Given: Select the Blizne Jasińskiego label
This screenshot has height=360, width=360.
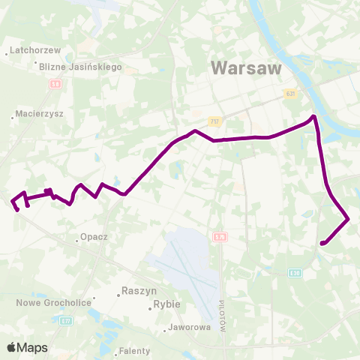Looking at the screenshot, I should coord(82,67).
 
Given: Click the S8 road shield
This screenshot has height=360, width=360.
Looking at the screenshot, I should coord(55,85).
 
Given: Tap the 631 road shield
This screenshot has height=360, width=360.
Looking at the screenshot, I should coord(291,94).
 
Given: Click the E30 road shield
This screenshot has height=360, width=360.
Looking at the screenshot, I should coord(295,273).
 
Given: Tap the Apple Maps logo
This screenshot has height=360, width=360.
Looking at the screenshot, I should coord(27,347).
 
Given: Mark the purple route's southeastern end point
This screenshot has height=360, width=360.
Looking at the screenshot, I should coord(322,243).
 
